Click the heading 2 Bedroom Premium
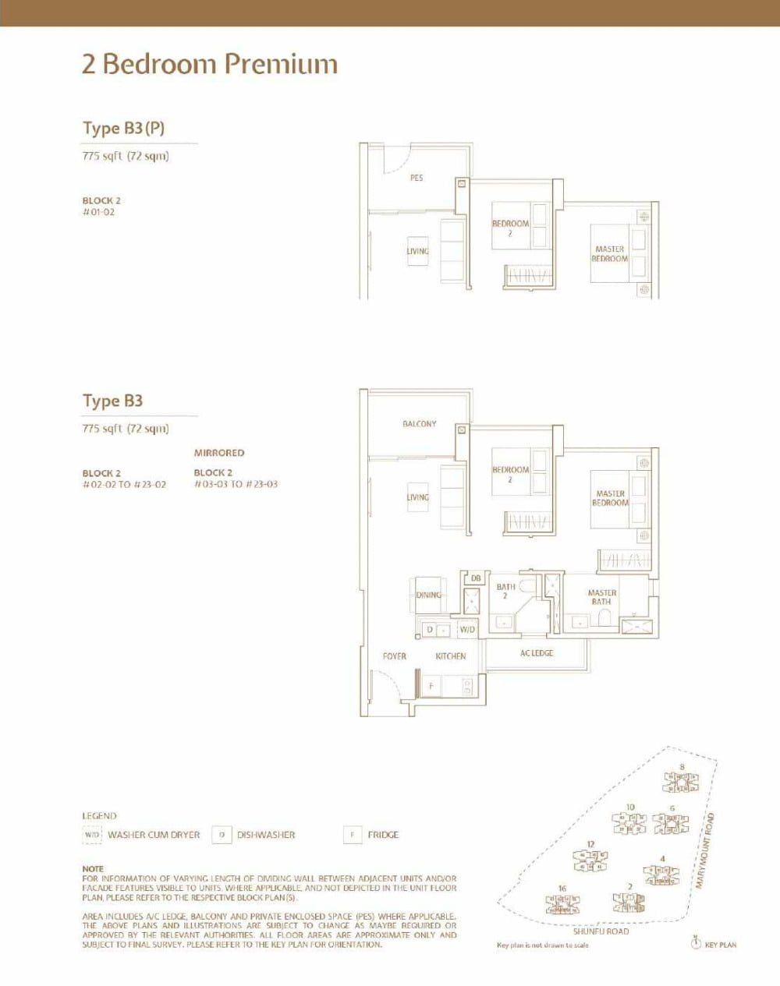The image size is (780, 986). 210,64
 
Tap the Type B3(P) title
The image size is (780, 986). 123,129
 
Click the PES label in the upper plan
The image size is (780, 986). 417,178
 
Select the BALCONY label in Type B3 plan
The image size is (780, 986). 420,424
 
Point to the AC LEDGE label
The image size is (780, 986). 537,653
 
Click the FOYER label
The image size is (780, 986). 395,656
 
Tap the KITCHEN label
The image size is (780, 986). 451,656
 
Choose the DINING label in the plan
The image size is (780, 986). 428,595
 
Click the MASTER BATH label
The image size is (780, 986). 601,597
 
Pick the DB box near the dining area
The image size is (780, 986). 476,578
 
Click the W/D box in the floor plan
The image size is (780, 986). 467,629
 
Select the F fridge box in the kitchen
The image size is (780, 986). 430,687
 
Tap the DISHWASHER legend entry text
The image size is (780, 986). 266,835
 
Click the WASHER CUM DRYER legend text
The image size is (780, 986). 154,835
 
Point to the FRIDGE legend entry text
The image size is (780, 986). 383,835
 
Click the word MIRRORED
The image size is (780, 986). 219,453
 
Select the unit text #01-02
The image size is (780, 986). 98,212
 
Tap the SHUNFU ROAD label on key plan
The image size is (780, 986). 601,931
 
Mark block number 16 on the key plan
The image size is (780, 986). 562,889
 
